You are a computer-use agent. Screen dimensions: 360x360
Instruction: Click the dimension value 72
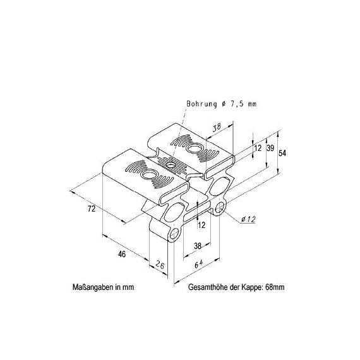coord(92,209)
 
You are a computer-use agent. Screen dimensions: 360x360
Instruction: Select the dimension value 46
coord(122,254)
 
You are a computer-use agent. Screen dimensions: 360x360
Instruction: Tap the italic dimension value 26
coord(160,265)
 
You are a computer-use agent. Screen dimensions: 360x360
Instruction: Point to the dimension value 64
coord(199,264)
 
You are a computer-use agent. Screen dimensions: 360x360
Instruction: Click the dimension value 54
coord(282,153)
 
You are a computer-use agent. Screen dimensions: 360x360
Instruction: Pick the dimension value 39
coord(270,148)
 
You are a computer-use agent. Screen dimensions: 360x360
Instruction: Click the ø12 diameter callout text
coord(248,220)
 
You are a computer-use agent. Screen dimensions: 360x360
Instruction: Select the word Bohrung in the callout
coord(201,104)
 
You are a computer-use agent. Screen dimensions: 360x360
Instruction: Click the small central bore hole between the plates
coord(171,165)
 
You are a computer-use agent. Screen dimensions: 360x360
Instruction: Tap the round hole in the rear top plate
coord(195,148)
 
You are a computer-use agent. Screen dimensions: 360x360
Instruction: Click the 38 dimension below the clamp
coord(198,246)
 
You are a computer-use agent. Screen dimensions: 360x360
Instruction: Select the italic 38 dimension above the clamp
coord(216,128)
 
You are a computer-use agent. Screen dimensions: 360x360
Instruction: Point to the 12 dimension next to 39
coord(258,148)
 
